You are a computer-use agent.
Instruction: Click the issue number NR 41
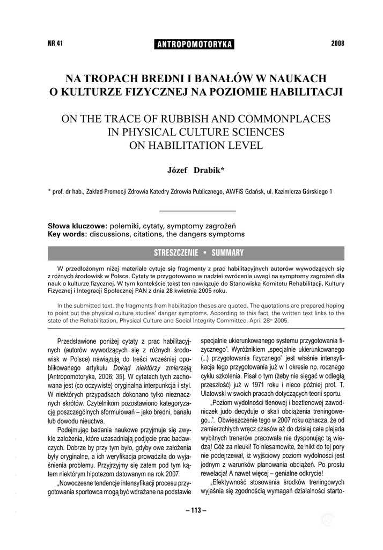(x=56, y=44)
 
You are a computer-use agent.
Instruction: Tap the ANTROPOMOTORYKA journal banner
(x=194, y=45)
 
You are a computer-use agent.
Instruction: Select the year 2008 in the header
(x=338, y=44)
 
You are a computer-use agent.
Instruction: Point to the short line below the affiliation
(x=195, y=210)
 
